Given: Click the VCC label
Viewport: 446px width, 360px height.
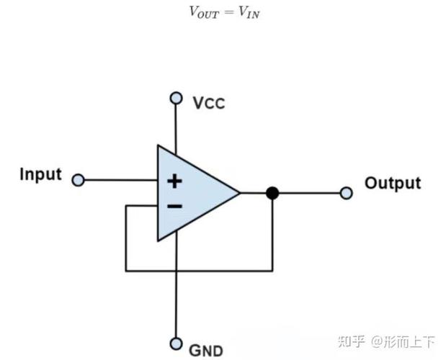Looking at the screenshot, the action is tap(209, 103).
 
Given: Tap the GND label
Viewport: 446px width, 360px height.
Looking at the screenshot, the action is tap(206, 351).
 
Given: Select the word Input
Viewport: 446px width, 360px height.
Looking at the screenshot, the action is tap(40, 174).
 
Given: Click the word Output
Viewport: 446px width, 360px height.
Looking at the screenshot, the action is tap(393, 184).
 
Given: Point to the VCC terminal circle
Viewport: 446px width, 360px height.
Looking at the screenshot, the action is tap(176, 98).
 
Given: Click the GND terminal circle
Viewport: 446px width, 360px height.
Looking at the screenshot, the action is tap(176, 344).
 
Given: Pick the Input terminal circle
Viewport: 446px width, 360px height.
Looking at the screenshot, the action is tap(79, 180).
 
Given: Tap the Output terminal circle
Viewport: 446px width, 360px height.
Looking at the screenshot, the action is tap(346, 193).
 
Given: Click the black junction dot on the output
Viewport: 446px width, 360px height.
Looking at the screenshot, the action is tap(272, 193).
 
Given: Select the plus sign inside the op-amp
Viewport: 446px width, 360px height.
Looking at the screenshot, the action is tap(174, 181).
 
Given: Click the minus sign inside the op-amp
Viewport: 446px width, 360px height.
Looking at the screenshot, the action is tap(174, 206).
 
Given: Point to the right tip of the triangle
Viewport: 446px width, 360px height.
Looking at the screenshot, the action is tap(240, 193).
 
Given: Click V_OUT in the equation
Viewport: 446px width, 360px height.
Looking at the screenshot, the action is tap(204, 12).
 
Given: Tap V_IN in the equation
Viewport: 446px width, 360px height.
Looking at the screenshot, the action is tap(249, 12).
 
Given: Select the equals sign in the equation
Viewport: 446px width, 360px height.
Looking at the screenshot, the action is tap(228, 12).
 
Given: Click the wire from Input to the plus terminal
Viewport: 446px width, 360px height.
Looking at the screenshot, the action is tap(121, 180).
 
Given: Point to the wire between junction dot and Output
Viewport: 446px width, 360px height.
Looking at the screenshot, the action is tap(309, 193).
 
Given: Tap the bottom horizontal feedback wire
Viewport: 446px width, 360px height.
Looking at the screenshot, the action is tap(199, 271).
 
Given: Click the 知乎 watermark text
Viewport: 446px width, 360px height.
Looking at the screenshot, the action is tap(352, 341).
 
